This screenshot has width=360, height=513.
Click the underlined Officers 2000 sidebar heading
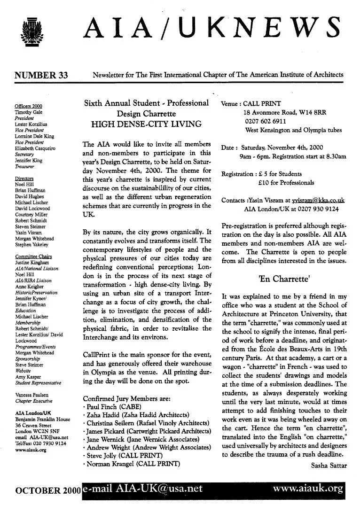point(28,106)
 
